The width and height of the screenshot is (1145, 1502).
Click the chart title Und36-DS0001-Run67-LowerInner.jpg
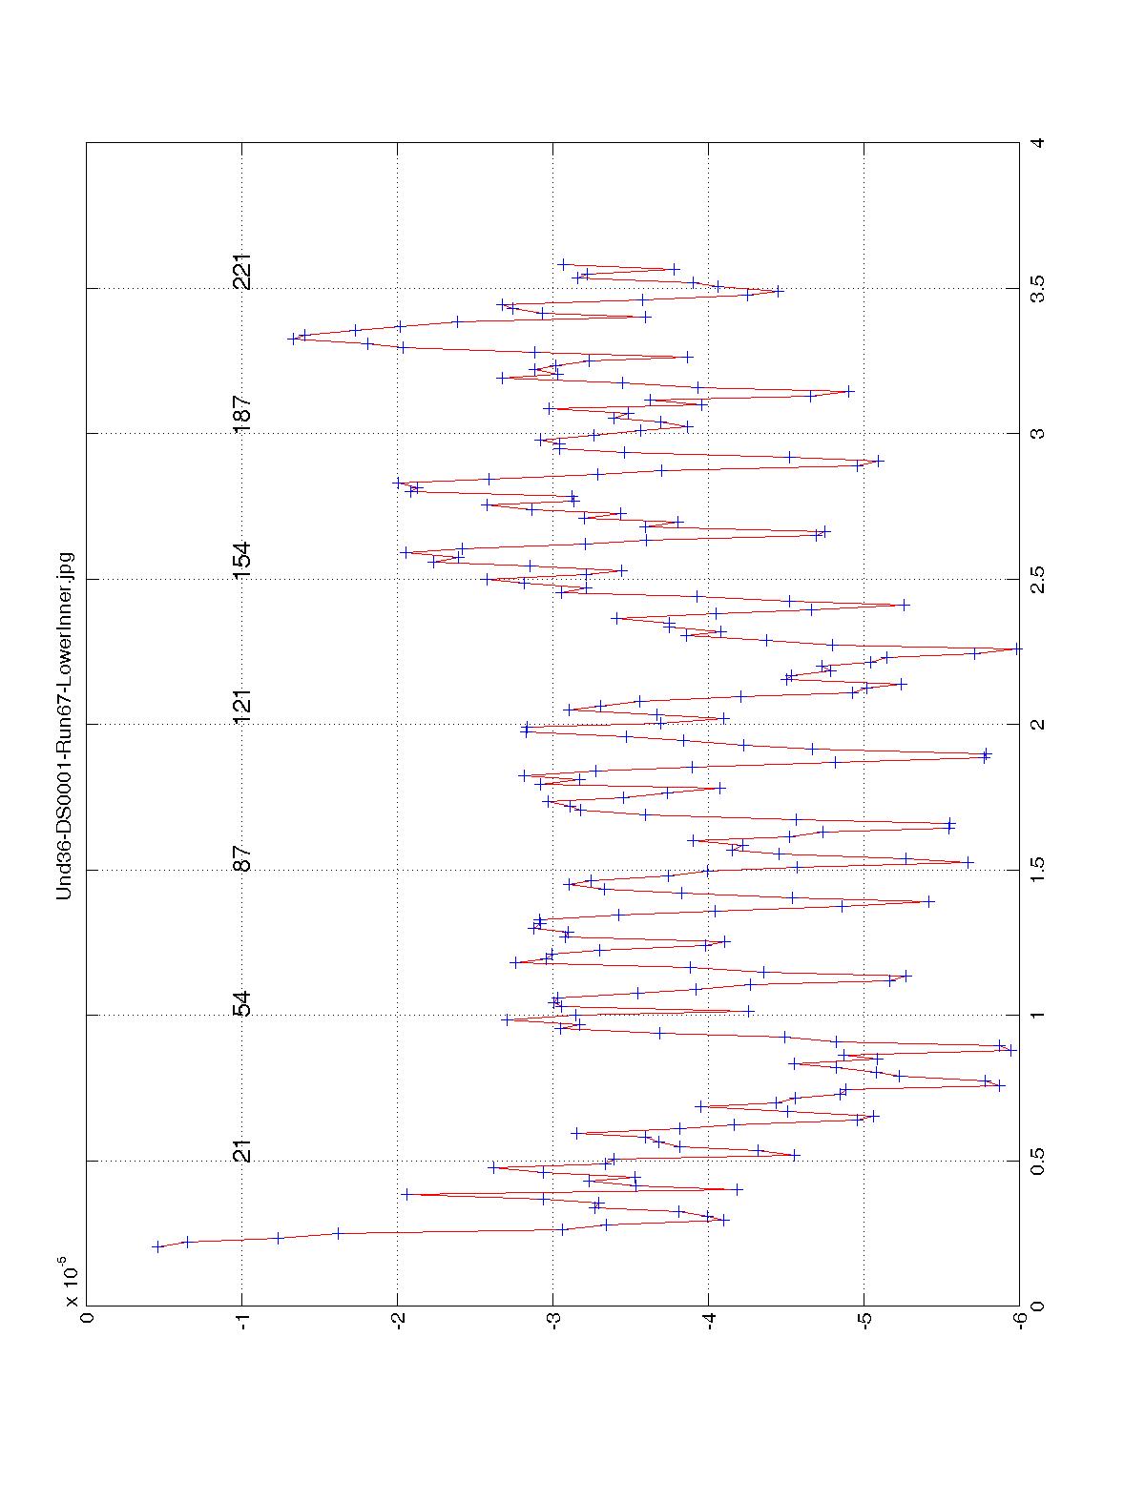coord(65,724)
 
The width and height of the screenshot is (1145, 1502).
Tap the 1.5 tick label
coord(1038,869)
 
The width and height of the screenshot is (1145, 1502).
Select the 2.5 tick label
coord(1038,578)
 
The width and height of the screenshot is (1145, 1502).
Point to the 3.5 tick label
coord(1038,287)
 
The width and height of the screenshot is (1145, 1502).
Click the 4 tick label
coord(1038,142)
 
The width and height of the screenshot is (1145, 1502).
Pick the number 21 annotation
coord(243,1150)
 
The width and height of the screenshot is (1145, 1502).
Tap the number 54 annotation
coord(243,1004)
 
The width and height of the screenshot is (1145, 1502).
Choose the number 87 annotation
coord(243,858)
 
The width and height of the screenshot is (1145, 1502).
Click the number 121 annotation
coord(243,706)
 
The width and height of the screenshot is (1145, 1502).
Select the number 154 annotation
coord(243,560)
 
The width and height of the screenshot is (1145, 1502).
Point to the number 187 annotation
coord(243,414)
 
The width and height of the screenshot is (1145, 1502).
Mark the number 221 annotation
coord(243,273)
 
